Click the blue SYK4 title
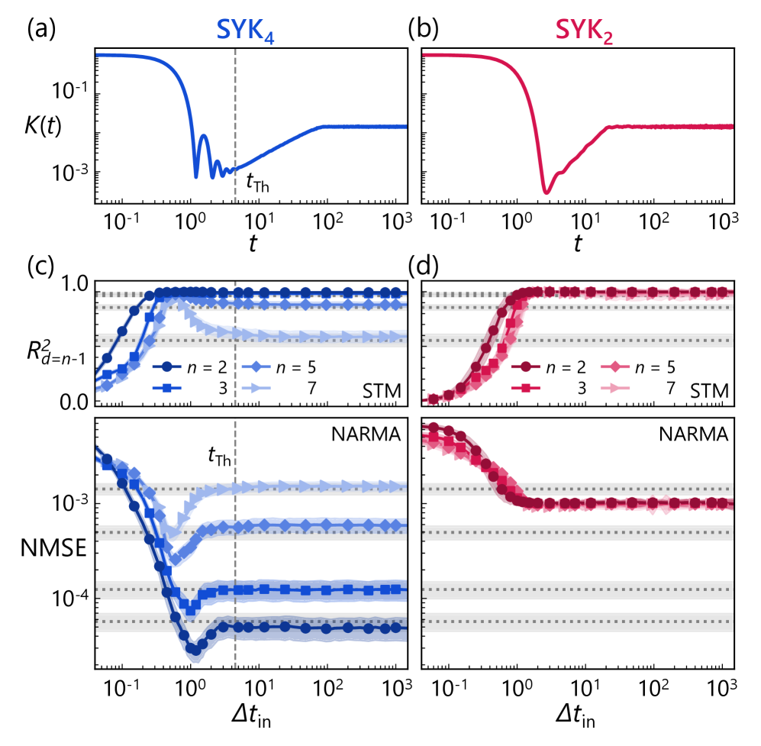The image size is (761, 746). [245, 31]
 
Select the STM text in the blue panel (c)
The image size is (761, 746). [382, 393]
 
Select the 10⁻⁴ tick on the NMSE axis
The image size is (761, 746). [70, 597]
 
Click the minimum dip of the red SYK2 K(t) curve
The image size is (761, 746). [546, 191]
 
